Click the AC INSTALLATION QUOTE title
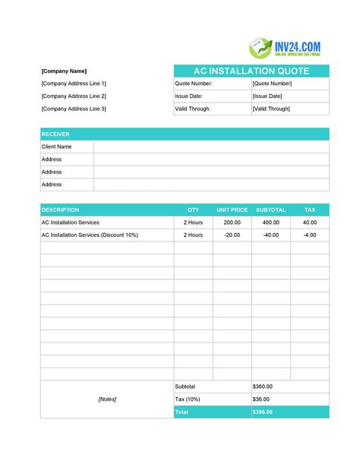[251, 71]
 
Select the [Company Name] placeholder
[64, 71]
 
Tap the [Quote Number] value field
[272, 84]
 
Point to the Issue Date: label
[189, 96]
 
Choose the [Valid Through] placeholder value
[271, 109]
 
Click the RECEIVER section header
[55, 134]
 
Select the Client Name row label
[56, 147]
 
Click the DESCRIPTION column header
[60, 210]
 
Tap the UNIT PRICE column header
[232, 210]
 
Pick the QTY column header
[193, 210]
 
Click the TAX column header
[310, 210]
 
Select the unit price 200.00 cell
[232, 222]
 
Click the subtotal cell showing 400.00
[271, 222]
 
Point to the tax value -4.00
[310, 235]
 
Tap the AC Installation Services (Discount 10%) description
[90, 235]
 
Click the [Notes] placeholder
[107, 399]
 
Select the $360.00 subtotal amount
[262, 386]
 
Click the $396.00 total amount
[262, 412]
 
